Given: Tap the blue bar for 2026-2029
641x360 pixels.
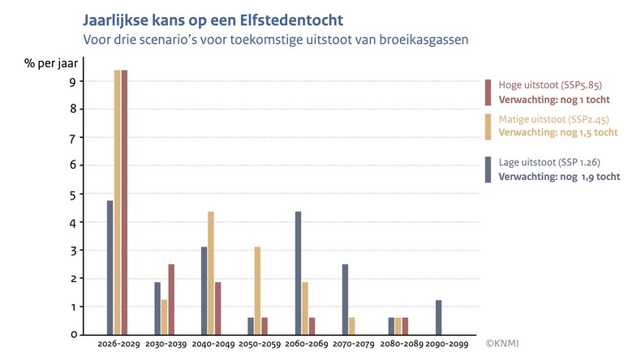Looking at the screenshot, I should [110, 267].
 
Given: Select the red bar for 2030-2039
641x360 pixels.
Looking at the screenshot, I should [171, 298].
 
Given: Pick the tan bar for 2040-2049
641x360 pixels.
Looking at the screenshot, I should [211, 272].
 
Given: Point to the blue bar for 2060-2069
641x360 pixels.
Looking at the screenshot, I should [298, 272].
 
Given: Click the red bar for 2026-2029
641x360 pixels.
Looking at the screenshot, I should [124, 202].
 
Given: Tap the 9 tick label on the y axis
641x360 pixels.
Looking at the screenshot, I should [73, 81].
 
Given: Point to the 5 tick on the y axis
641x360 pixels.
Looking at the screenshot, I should [73, 195].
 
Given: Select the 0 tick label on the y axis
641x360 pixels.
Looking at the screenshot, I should [73, 334].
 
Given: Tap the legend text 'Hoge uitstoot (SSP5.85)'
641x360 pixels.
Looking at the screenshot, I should [549, 85].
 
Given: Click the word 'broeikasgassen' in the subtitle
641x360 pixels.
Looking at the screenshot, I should [428, 37].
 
